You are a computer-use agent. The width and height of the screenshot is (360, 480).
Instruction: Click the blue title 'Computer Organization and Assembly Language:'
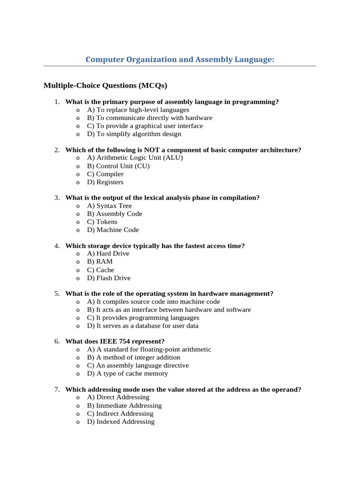pos(180,60)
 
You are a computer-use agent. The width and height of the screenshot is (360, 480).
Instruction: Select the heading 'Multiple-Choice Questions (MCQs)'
pos(105,85)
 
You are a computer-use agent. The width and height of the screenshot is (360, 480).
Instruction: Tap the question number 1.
pos(56,102)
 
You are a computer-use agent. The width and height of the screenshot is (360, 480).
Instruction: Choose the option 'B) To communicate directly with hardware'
pos(150,118)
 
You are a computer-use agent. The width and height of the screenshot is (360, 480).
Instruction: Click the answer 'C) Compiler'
pos(105,174)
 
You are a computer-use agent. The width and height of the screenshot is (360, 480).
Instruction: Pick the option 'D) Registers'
pos(105,182)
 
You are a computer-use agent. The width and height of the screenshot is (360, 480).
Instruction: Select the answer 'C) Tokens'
pos(102,222)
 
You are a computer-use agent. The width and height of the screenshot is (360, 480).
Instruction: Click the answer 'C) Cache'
pos(100,270)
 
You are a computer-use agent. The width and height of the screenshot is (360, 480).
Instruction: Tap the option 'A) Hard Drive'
pos(108,254)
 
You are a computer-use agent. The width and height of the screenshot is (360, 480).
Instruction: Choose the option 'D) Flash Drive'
pos(109,278)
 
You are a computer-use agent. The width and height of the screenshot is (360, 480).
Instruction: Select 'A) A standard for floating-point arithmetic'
pos(149,349)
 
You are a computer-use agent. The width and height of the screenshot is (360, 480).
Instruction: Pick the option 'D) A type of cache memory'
pos(127,374)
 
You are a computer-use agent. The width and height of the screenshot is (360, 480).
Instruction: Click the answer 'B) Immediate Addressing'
pos(124,405)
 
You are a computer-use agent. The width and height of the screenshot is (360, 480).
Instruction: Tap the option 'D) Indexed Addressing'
pos(120,421)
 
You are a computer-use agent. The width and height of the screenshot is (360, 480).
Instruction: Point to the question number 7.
pos(56,390)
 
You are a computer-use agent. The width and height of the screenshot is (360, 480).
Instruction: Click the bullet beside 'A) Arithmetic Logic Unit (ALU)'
pos(77,158)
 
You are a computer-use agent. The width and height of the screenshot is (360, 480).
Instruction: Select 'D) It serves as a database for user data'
pos(142,326)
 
